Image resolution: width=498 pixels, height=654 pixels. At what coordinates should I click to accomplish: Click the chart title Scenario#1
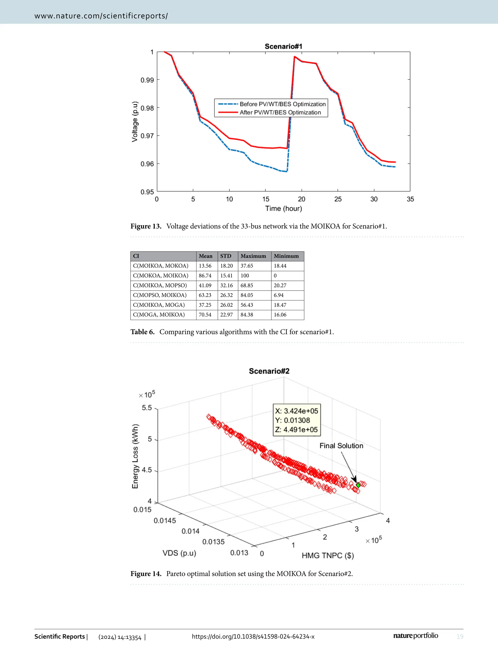pyautogui.click(x=283, y=46)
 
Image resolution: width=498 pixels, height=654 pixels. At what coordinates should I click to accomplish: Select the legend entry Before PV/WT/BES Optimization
pyautogui.click(x=282, y=104)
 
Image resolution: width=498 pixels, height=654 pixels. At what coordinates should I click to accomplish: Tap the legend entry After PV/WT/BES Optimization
pyautogui.click(x=280, y=112)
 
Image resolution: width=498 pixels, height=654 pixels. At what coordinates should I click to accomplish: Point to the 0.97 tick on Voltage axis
pyautogui.click(x=147, y=136)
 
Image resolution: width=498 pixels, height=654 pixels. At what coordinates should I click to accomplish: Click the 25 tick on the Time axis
pyautogui.click(x=338, y=199)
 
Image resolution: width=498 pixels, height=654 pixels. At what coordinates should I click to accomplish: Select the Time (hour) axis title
pyautogui.click(x=283, y=208)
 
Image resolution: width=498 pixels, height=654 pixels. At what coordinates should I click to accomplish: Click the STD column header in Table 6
pyautogui.click(x=226, y=256)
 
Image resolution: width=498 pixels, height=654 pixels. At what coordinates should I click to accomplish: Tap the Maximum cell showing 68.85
pyautogui.click(x=247, y=285)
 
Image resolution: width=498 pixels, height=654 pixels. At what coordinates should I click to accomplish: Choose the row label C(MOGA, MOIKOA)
pyautogui.click(x=159, y=315)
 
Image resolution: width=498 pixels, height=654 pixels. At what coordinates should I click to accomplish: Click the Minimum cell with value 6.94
pyautogui.click(x=278, y=295)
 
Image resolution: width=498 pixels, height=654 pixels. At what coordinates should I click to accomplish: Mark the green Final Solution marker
pyautogui.click(x=358, y=485)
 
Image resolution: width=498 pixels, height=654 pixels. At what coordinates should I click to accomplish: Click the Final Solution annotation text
pyautogui.click(x=341, y=446)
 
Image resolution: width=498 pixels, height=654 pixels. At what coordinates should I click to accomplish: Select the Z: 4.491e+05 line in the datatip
pyautogui.click(x=296, y=430)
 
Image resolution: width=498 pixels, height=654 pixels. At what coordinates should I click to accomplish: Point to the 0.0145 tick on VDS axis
pyautogui.click(x=165, y=520)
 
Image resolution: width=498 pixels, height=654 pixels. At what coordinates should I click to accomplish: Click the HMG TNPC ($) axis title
pyautogui.click(x=328, y=555)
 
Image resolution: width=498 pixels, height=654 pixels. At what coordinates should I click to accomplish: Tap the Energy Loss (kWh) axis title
pyautogui.click(x=135, y=456)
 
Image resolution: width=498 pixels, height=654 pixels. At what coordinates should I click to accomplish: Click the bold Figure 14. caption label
pyautogui.click(x=146, y=574)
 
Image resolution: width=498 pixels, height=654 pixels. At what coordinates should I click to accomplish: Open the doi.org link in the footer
pyautogui.click(x=253, y=637)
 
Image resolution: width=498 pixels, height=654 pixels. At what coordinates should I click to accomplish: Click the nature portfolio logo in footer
pyautogui.click(x=415, y=636)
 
